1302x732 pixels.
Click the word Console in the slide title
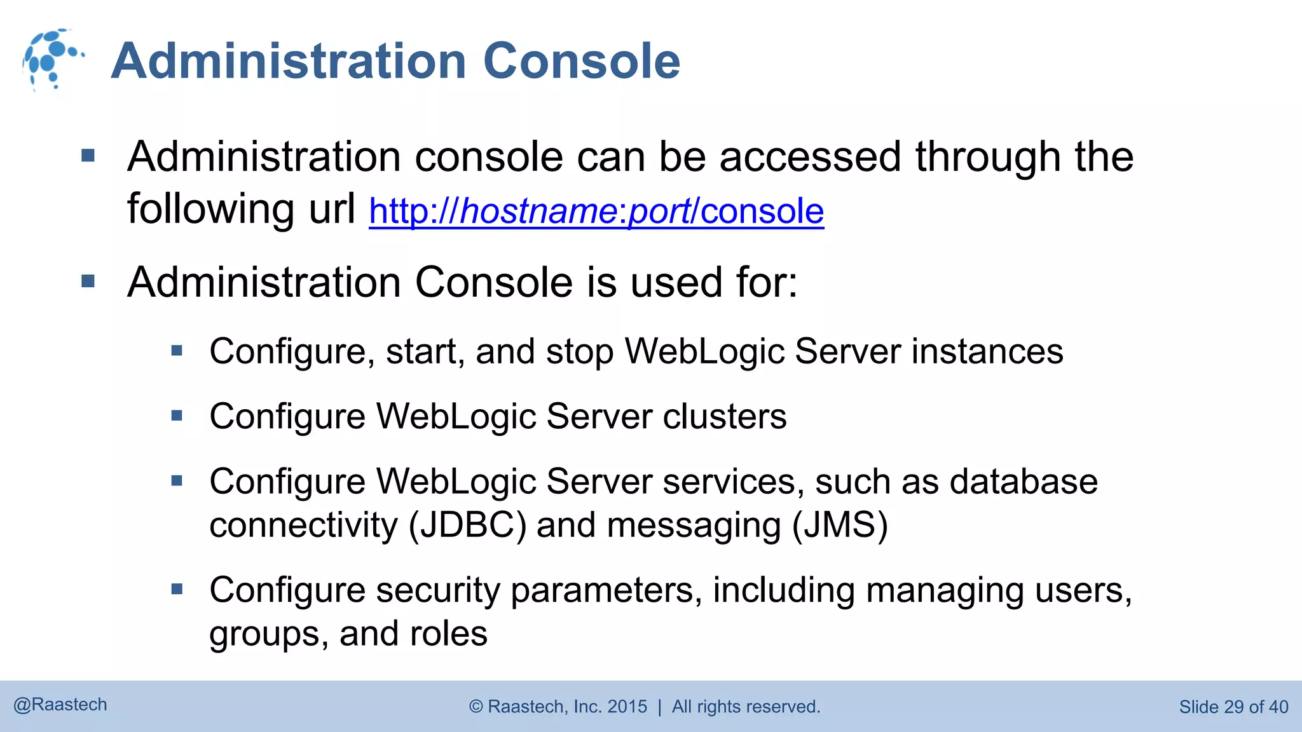pos(581,61)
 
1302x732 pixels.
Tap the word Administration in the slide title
pos(289,61)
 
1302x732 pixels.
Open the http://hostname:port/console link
pos(596,211)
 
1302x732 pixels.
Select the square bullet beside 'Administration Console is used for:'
pos(88,281)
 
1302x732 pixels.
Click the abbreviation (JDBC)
pos(467,525)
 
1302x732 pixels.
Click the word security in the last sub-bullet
pos(438,590)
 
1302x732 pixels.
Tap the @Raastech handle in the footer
pos(60,705)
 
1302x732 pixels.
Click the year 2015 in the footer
pos(627,707)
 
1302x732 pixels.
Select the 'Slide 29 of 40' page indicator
pos(1233,707)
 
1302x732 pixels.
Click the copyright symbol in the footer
pos(476,707)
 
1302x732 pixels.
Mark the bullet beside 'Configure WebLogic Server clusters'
pos(177,416)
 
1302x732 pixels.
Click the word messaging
pos(694,525)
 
